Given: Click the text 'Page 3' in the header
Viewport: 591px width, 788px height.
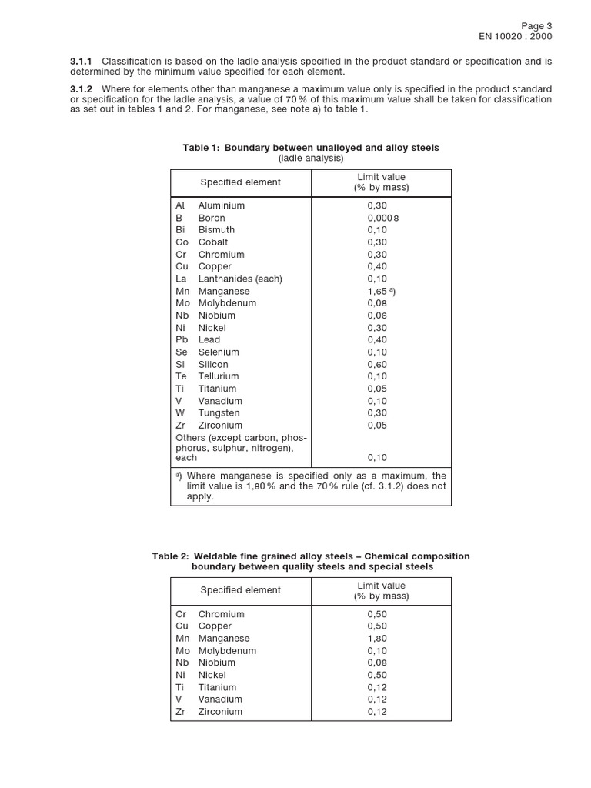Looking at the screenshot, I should pos(536,25).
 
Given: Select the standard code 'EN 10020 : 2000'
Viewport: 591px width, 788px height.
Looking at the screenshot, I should pos(516,36).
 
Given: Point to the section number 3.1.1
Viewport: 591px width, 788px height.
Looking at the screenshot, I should pos(81,61).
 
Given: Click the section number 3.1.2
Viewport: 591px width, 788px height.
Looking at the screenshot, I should pos(81,89).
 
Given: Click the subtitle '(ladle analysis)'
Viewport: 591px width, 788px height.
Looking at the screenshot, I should pos(311,159).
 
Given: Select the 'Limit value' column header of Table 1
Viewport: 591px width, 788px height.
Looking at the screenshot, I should pos(381,177).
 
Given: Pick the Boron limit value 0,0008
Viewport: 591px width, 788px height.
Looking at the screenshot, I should pos(380,218).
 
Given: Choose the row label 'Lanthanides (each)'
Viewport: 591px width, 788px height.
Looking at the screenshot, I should pos(239,279).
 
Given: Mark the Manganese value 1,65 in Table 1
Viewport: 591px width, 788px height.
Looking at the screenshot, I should pos(378,291).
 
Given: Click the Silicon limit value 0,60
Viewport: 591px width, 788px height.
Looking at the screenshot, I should pos(377,364).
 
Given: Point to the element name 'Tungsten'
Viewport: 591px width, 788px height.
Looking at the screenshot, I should pos(219,413).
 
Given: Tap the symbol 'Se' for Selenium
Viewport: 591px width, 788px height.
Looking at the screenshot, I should pos(182,352).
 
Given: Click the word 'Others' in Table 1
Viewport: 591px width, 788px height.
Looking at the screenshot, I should pos(191,438).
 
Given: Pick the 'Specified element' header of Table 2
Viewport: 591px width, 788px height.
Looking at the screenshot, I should pos(240,590).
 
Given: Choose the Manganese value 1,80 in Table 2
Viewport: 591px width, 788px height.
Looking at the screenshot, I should pos(377,639).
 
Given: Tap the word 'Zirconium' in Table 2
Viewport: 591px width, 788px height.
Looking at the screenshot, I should pos(220,712).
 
